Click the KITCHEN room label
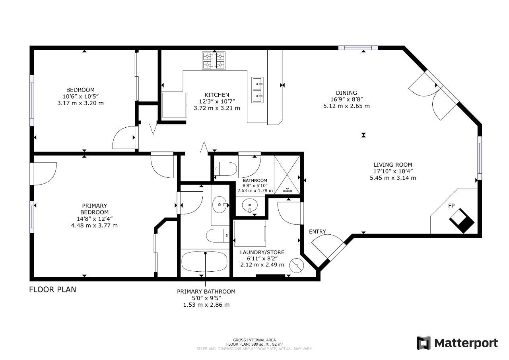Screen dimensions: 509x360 [217, 95]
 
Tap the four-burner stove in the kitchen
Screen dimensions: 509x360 [214, 60]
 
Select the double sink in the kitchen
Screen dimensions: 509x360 [257, 90]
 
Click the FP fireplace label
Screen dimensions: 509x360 [451, 206]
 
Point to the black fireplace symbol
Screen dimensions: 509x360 [462, 221]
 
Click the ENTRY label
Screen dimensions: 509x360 [317, 232]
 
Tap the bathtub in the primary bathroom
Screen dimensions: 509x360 [204, 261]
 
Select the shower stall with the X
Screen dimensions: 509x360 [287, 175]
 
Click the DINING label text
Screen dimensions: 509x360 [346, 93]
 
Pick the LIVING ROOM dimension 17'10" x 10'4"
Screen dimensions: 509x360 [393, 171]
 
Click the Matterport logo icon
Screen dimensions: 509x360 [424, 343]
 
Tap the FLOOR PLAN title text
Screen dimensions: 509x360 [53, 290]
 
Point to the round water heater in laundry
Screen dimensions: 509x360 [297, 265]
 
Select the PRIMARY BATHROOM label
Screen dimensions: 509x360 [206, 291]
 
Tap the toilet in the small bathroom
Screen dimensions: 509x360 [225, 169]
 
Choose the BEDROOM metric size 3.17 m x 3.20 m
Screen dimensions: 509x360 [80, 103]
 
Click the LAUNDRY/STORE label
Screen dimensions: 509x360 [262, 252]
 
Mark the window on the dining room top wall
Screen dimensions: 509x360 [358, 48]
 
